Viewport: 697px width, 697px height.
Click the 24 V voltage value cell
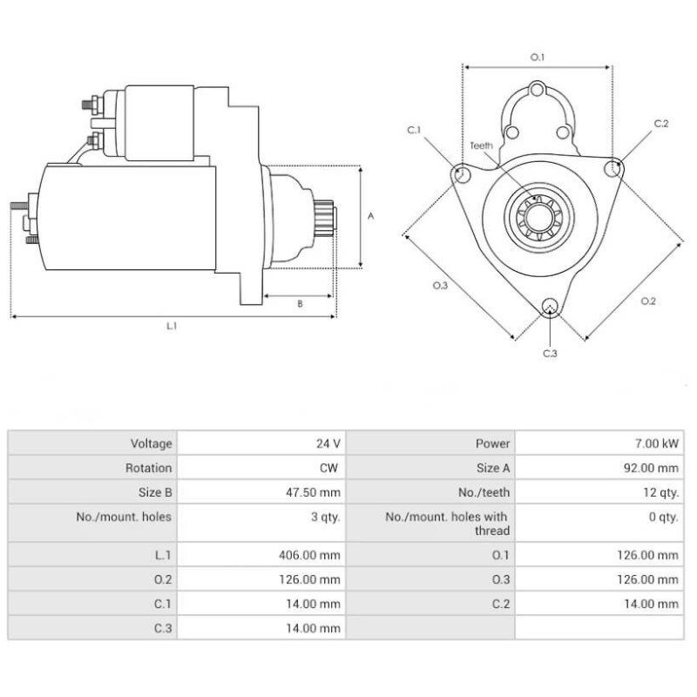point(328,443)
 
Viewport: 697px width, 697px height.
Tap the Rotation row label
point(149,468)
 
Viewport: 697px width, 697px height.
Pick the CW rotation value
point(330,468)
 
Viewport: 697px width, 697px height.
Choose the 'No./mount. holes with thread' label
point(446,523)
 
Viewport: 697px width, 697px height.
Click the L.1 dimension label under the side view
point(173,326)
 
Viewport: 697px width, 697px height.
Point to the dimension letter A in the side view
point(371,216)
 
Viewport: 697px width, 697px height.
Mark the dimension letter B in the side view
point(300,304)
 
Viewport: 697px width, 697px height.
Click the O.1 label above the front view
point(538,58)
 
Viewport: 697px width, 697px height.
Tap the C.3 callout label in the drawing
point(550,353)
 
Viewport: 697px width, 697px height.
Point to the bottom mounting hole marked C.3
point(550,306)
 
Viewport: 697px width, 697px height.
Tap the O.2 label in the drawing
point(648,301)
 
